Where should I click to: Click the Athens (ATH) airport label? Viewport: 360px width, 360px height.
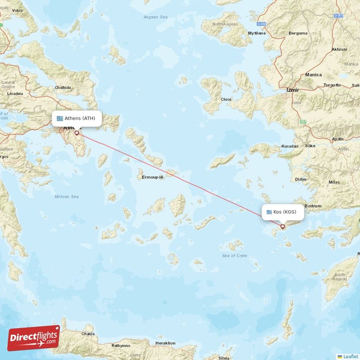coord(76,118)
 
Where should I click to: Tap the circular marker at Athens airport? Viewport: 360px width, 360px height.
coord(76,133)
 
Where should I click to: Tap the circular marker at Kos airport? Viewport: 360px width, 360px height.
coord(283,226)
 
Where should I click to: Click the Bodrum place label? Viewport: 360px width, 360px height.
coord(313,206)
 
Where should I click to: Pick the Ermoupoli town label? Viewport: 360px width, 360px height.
coord(153,177)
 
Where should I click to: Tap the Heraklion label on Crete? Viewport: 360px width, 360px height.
coord(165,343)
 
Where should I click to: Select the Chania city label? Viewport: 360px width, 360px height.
coord(88,334)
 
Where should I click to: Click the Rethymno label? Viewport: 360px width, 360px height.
coord(121,346)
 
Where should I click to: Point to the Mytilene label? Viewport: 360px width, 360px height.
coord(257,33)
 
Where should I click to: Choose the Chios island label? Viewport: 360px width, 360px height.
coord(226,99)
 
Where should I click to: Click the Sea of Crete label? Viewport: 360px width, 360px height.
coord(234,256)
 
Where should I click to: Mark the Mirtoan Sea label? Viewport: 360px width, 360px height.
coord(66,197)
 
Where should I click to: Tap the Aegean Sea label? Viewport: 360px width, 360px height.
coord(155,17)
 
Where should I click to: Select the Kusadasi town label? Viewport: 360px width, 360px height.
coord(289,146)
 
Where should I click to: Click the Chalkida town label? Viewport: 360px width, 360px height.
coord(63,88)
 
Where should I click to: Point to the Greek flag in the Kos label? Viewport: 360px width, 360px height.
coord(270,212)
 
